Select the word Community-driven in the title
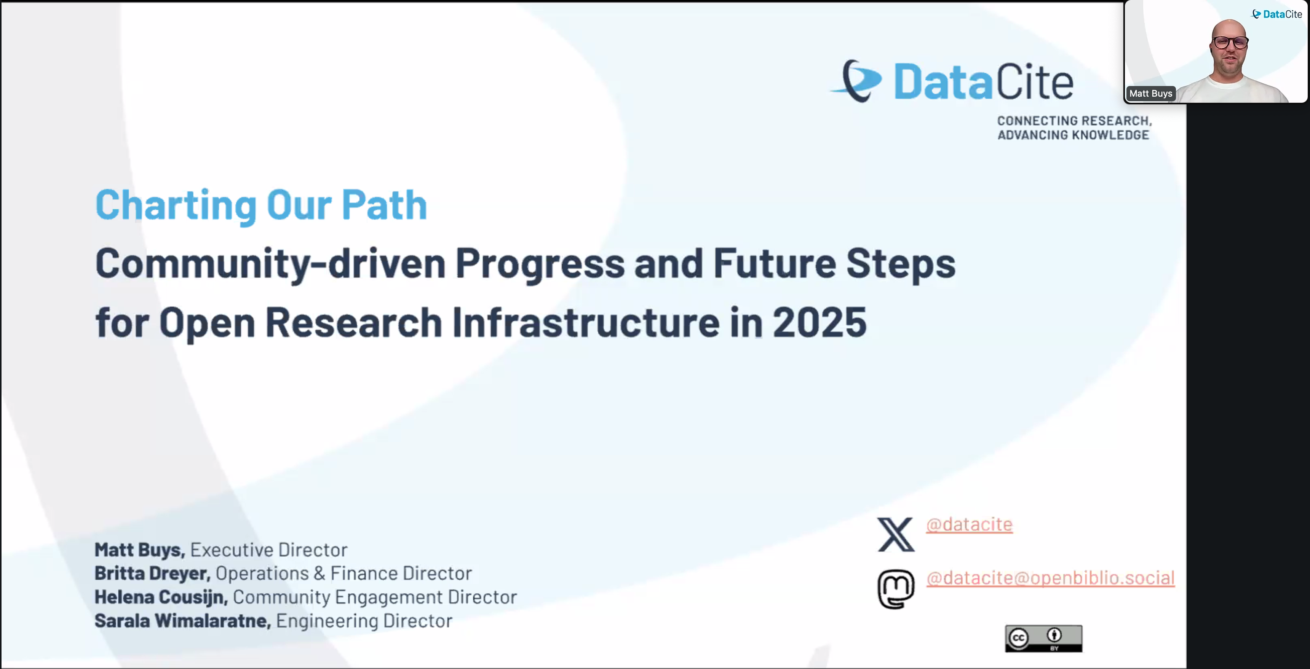click(x=270, y=264)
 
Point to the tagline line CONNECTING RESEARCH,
click(x=1074, y=121)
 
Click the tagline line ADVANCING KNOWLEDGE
click(x=1073, y=135)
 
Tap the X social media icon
click(x=896, y=535)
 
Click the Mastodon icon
click(x=896, y=589)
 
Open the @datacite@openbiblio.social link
click(x=1050, y=578)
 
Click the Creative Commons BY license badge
click(x=1043, y=639)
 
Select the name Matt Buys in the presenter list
click(x=139, y=550)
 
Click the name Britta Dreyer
click(x=152, y=573)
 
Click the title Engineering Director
click(x=364, y=621)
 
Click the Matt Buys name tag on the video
click(x=1150, y=94)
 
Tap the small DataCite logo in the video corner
click(x=1277, y=14)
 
